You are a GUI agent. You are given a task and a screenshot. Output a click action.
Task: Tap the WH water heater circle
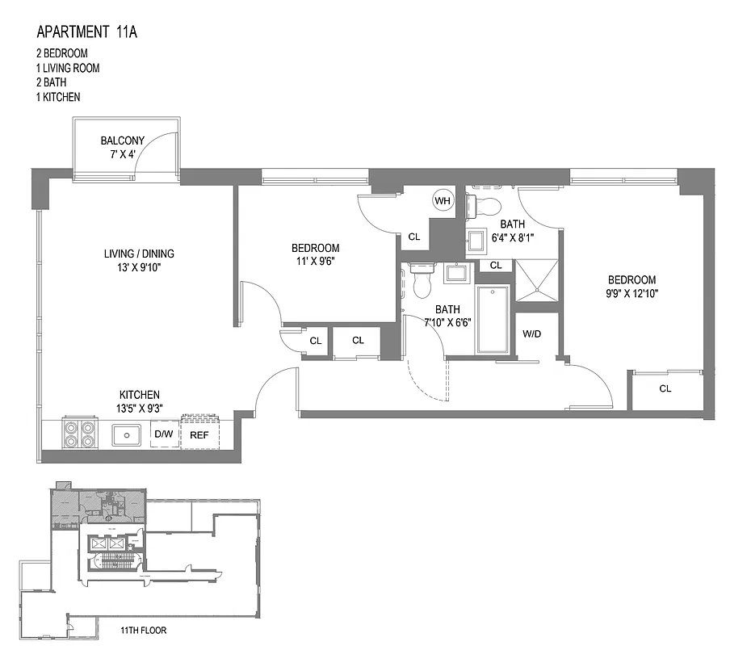443,200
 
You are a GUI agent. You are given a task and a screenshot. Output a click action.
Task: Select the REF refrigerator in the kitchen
199,434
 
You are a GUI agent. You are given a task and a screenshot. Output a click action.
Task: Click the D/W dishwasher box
163,434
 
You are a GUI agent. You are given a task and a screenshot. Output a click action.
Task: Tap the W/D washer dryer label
532,333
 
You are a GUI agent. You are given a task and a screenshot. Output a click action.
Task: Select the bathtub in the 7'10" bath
493,319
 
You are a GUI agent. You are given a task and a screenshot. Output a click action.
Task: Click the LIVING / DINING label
139,254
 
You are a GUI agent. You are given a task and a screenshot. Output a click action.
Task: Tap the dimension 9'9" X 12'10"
633,294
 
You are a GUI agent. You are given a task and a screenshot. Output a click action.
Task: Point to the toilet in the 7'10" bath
422,279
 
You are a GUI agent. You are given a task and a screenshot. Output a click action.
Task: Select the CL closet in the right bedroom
665,388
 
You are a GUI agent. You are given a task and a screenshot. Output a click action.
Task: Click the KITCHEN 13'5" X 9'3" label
140,401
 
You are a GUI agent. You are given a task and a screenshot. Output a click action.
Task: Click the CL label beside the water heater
414,237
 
